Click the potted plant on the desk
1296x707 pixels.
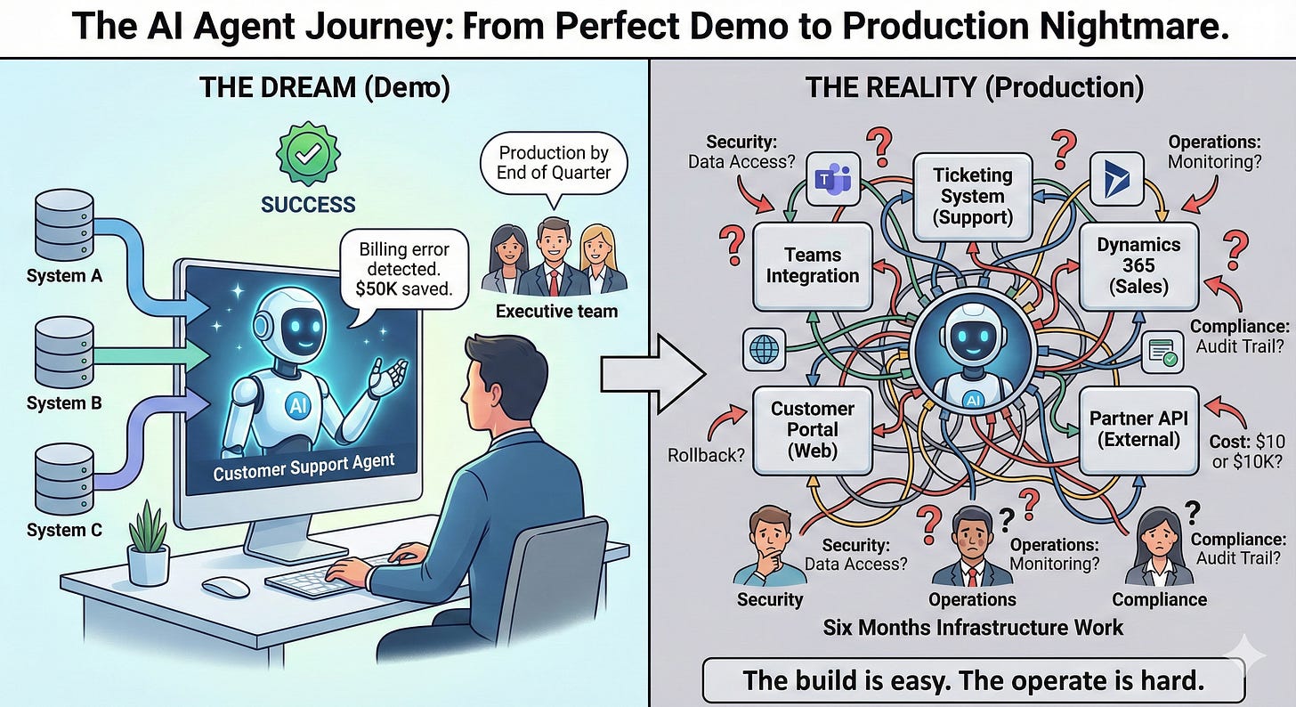148,542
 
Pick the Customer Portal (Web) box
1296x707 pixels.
812,429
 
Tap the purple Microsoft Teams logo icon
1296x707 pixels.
833,179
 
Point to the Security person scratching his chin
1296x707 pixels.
765,548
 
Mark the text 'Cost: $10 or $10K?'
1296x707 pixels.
1246,450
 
